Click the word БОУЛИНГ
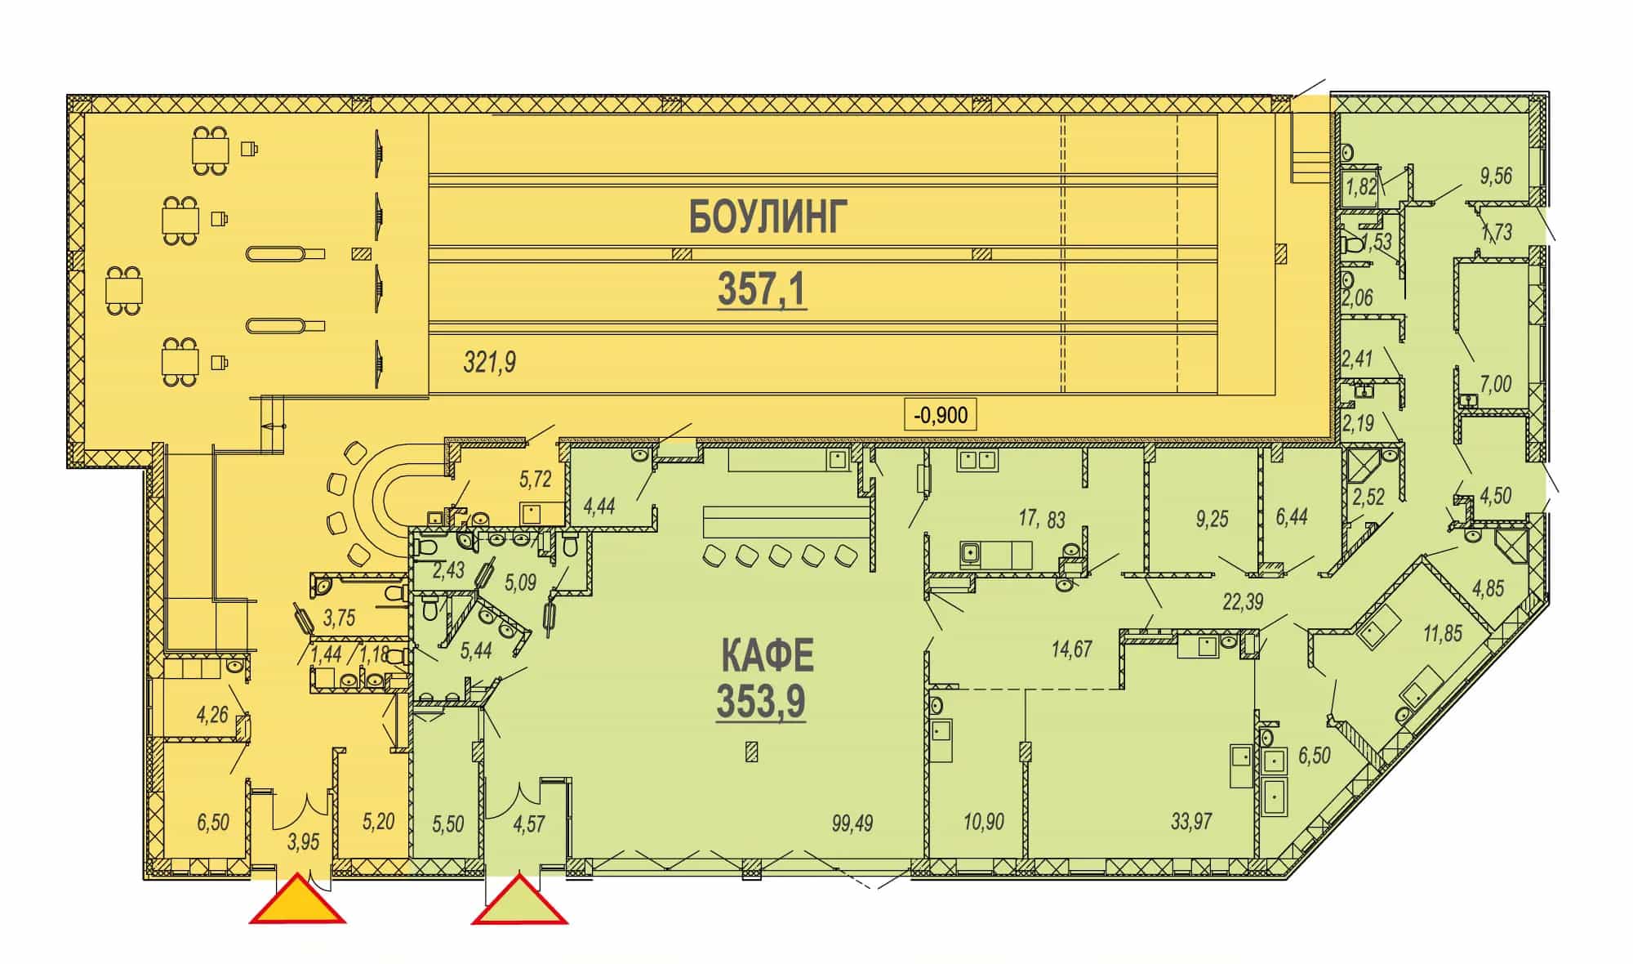click(768, 216)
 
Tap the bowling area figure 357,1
click(762, 289)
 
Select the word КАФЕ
click(768, 655)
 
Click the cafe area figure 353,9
click(761, 700)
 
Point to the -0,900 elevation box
click(941, 415)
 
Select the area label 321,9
click(489, 361)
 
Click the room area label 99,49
click(852, 823)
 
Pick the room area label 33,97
click(1191, 820)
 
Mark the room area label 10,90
click(983, 821)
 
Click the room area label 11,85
click(1443, 633)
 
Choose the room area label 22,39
click(1243, 602)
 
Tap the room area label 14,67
click(1071, 649)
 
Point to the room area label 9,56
click(1496, 176)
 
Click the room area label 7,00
click(1496, 383)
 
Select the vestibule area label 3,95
click(303, 841)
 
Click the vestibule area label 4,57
click(528, 823)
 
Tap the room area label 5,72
click(536, 479)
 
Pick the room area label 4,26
click(212, 715)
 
